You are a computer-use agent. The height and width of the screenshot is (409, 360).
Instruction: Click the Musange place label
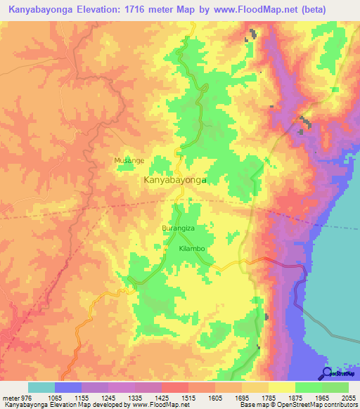pos(129,160)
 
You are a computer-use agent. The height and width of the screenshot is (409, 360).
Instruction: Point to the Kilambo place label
pos(192,249)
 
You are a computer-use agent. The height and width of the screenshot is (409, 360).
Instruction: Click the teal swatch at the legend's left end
pos(41,387)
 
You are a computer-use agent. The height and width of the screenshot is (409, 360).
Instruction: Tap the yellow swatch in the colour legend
pos(281,387)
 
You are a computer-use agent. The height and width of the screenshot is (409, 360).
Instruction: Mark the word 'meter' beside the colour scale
pos(9,397)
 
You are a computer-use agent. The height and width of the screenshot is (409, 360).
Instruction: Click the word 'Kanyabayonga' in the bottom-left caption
pos(23,405)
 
